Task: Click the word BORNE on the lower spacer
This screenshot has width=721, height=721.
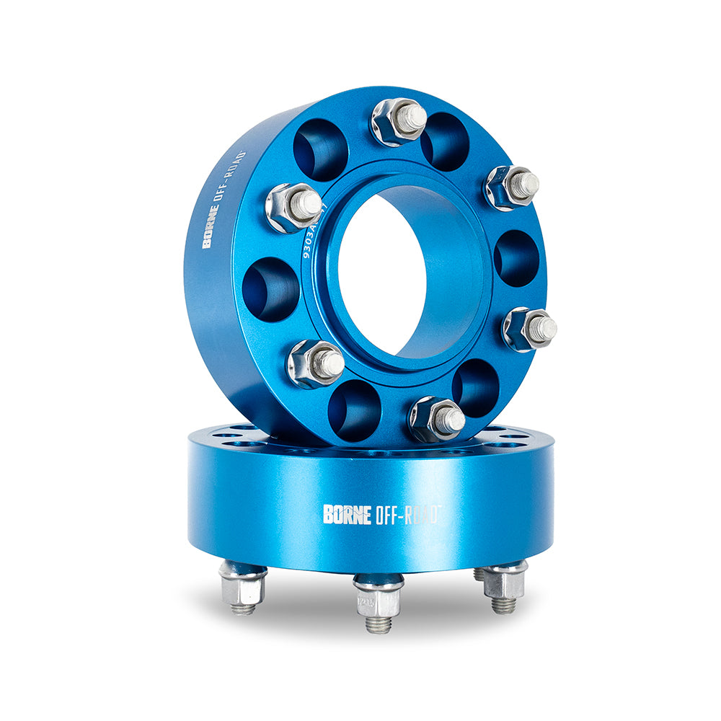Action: [x=348, y=514]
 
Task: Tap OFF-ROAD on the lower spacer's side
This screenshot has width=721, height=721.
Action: [x=407, y=514]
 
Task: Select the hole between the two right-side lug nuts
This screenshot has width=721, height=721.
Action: [x=516, y=258]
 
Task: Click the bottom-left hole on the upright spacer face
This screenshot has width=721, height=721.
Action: [x=354, y=410]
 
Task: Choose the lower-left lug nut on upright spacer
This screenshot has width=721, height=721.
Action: [x=316, y=363]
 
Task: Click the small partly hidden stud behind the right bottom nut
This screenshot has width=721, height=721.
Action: [x=479, y=575]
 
